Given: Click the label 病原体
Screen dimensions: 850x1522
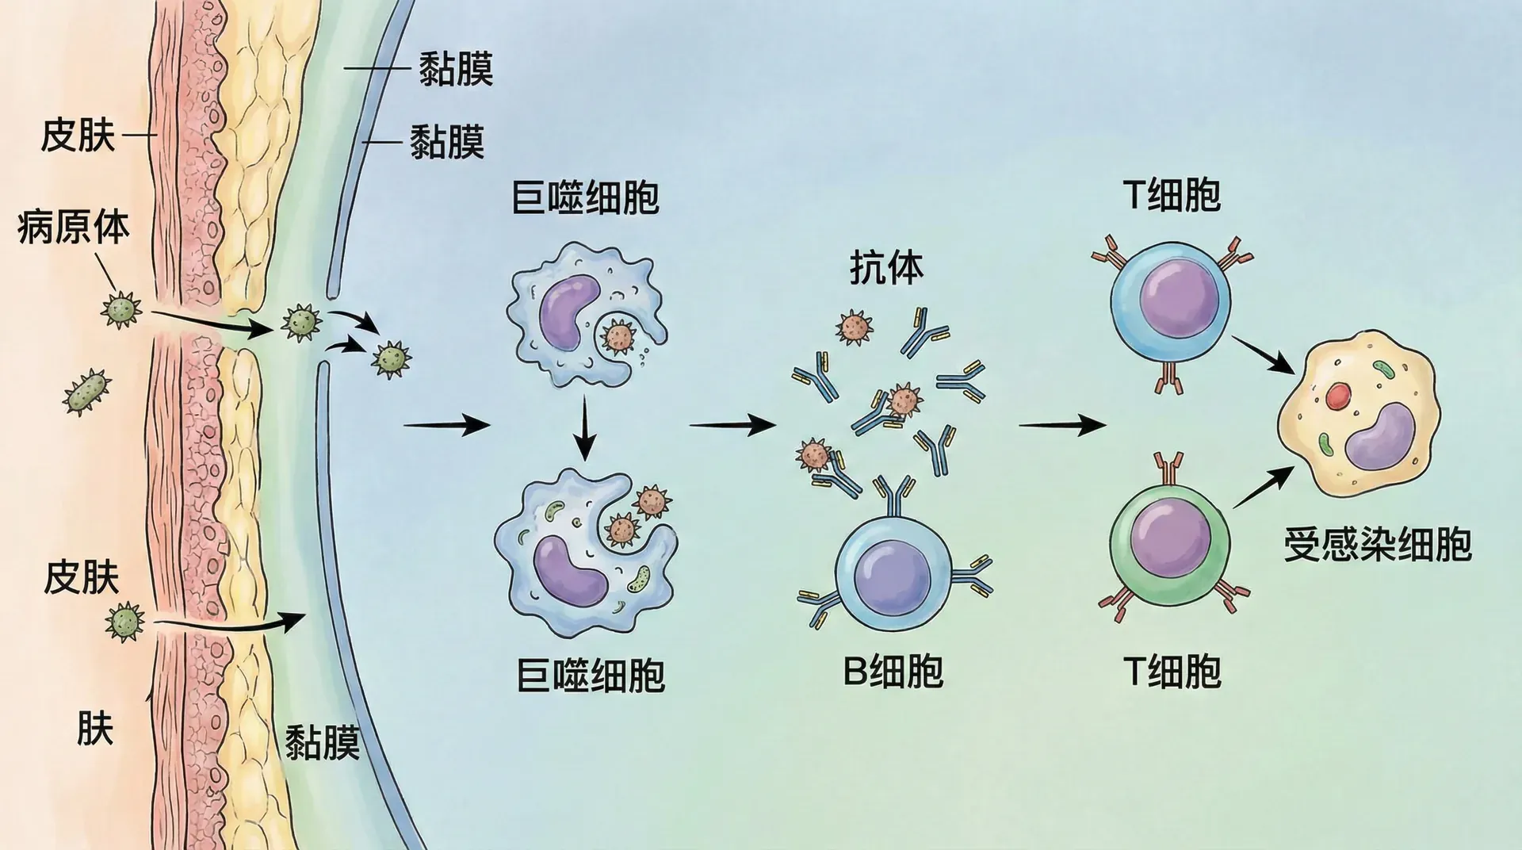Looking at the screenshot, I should pos(73,228).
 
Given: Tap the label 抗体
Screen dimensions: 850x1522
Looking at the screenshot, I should pos(886,268).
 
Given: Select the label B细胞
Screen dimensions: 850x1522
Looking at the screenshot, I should pos(893,670).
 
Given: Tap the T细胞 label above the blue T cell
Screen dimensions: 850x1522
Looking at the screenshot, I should pos(1172,195).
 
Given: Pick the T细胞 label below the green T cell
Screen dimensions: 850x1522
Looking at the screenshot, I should pos(1172,672).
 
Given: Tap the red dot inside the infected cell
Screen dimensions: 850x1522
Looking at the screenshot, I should pos(1338,396).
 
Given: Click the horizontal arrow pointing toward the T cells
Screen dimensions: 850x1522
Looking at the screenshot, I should pos(1061,426).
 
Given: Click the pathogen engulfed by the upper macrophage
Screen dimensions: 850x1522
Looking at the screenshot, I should pos(618,336).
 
